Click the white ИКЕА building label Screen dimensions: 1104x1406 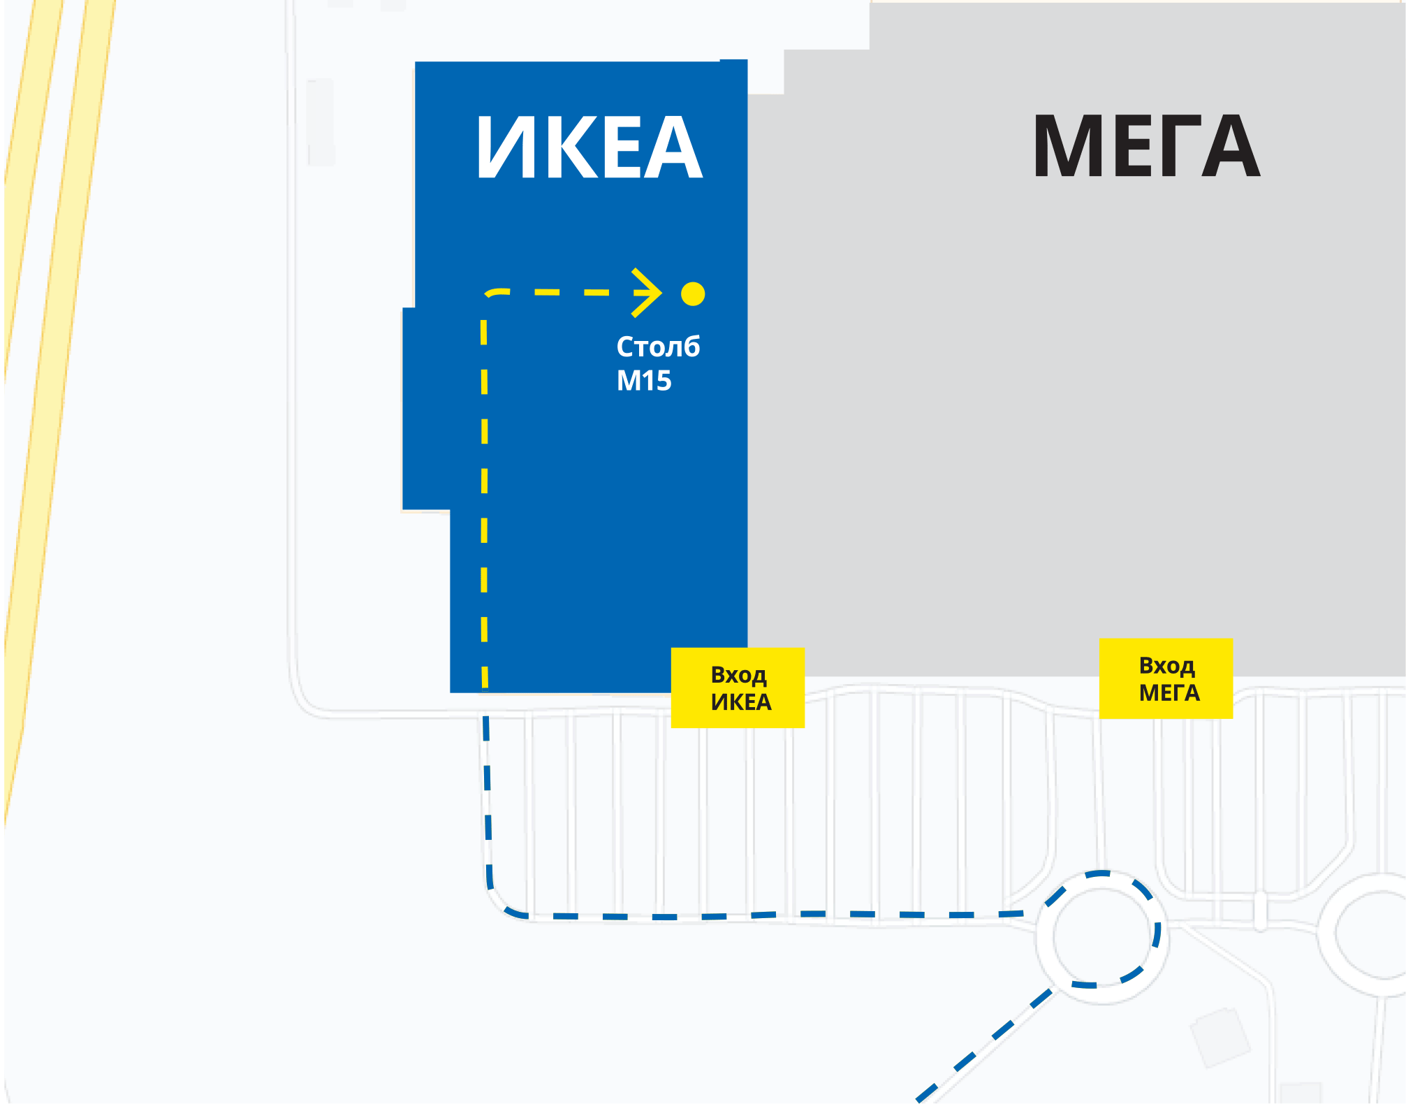click(x=590, y=147)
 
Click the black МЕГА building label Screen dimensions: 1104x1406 click(x=1146, y=147)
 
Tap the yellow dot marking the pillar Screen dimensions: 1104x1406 click(x=693, y=294)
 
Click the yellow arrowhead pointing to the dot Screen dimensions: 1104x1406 click(x=648, y=293)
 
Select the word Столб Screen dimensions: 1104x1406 click(x=658, y=347)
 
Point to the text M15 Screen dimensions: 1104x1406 click(x=643, y=381)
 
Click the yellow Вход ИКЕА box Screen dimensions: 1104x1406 click(x=738, y=688)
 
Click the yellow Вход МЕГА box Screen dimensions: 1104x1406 click(x=1166, y=678)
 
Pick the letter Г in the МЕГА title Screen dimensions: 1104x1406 click(x=1177, y=147)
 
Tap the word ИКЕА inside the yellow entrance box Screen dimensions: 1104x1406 click(x=741, y=702)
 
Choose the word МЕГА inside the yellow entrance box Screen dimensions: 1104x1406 click(x=1169, y=692)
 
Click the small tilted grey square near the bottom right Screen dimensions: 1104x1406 click(x=1220, y=1036)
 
